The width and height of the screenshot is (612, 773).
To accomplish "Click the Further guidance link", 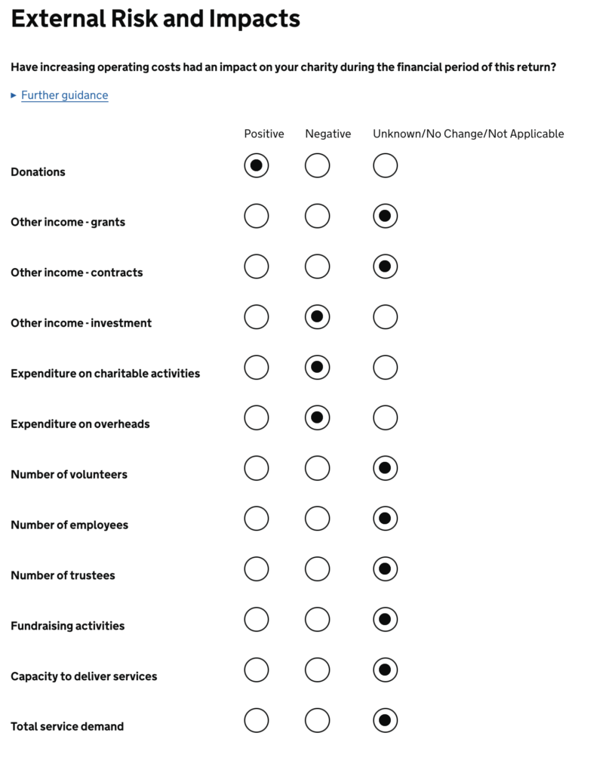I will tap(64, 95).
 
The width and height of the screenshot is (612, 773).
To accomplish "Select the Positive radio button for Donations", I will tap(257, 165).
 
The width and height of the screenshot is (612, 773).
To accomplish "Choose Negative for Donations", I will tap(317, 165).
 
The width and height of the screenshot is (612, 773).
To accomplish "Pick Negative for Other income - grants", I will tap(317, 216).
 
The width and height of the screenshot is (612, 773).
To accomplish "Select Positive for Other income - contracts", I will tap(257, 266).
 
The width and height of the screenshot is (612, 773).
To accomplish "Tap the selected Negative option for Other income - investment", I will tap(317, 317).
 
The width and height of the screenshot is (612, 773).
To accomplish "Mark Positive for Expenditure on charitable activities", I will tap(257, 368).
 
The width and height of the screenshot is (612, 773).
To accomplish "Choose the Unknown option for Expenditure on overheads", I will tap(385, 417).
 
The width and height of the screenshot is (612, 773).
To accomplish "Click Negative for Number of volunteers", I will tap(317, 468).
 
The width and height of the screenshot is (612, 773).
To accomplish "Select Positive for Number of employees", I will tap(257, 519).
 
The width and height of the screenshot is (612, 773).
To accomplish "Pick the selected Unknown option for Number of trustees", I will tap(385, 569).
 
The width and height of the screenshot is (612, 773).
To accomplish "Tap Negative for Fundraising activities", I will tap(317, 620).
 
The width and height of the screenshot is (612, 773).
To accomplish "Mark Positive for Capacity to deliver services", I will tap(257, 670).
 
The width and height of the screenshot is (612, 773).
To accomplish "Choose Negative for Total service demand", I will tap(317, 720).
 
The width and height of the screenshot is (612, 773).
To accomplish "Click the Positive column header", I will tap(264, 134).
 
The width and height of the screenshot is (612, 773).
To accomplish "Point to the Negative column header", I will tap(328, 134).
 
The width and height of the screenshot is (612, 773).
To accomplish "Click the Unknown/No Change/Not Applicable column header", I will tap(468, 134).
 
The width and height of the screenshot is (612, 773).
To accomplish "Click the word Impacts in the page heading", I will tap(257, 19).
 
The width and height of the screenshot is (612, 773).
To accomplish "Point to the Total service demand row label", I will tap(67, 726).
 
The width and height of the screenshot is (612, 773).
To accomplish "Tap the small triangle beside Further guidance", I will tap(14, 95).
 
